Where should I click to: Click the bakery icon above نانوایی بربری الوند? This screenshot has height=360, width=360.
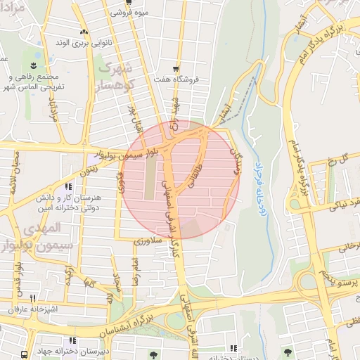tap(84, 32)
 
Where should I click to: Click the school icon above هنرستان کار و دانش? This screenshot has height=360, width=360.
tap(68, 186)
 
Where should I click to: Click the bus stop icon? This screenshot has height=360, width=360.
tap(25, 354)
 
